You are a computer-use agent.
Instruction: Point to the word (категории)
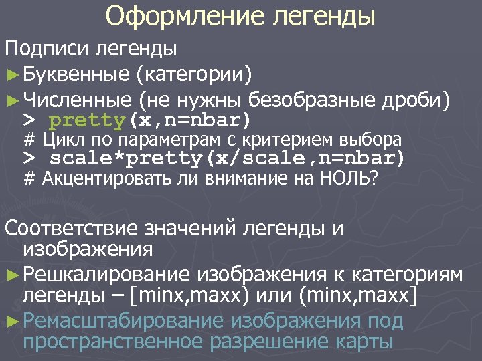pyautogui.click(x=193, y=72)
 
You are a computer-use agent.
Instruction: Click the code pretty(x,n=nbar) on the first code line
pyautogui.click(x=151, y=121)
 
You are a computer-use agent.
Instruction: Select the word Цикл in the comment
pyautogui.click(x=59, y=140)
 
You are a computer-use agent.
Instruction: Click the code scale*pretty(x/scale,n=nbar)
pyautogui.click(x=228, y=159)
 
